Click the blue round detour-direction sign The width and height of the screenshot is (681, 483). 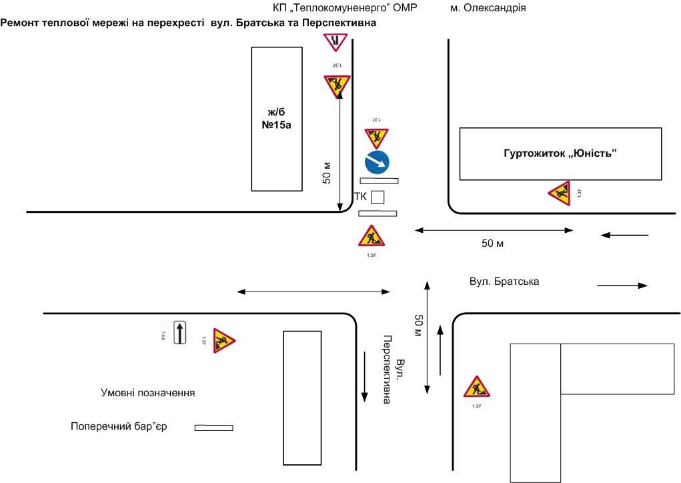[x=377, y=163]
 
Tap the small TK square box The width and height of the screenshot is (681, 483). [x=378, y=197]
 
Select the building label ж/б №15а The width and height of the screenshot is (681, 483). [x=276, y=119]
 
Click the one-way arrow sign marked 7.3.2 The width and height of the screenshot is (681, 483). [x=179, y=332]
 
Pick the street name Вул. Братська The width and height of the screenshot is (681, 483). [x=504, y=282]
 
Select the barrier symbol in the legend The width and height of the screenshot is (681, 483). [x=213, y=428]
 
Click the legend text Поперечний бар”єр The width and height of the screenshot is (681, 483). [x=118, y=426]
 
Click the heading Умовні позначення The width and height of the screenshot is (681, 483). [x=147, y=393]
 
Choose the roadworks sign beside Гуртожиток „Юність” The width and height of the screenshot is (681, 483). [x=560, y=193]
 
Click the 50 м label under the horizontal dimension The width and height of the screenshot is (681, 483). [x=493, y=244]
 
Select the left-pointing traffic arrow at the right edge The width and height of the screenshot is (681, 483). [x=624, y=235]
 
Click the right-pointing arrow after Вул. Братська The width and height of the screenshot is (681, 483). [x=622, y=286]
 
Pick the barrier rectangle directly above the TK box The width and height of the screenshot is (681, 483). [x=379, y=180]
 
